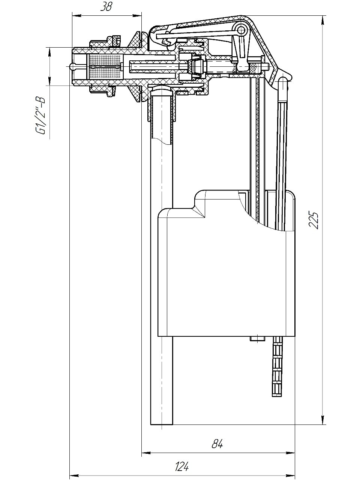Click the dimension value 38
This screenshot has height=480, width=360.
click(x=106, y=7)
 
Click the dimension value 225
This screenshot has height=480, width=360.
click(x=313, y=220)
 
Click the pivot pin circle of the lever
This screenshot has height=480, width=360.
click(x=241, y=29)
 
